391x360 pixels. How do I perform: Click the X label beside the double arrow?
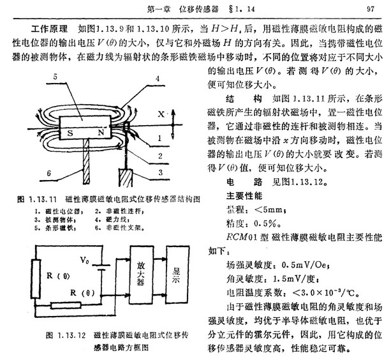coord(161,113)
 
